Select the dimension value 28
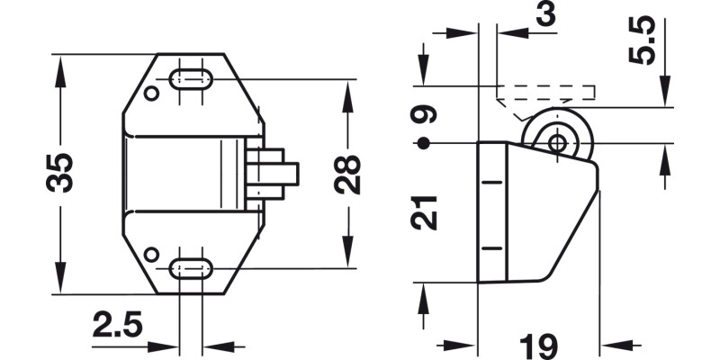(347, 174)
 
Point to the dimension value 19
(537, 345)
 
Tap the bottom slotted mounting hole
(191, 267)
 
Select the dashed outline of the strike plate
(545, 92)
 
